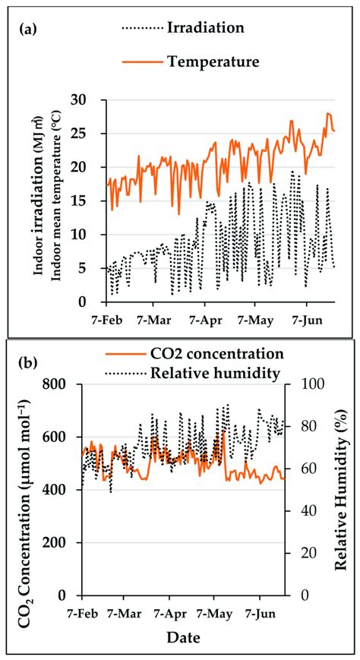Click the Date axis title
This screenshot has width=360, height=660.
182,638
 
